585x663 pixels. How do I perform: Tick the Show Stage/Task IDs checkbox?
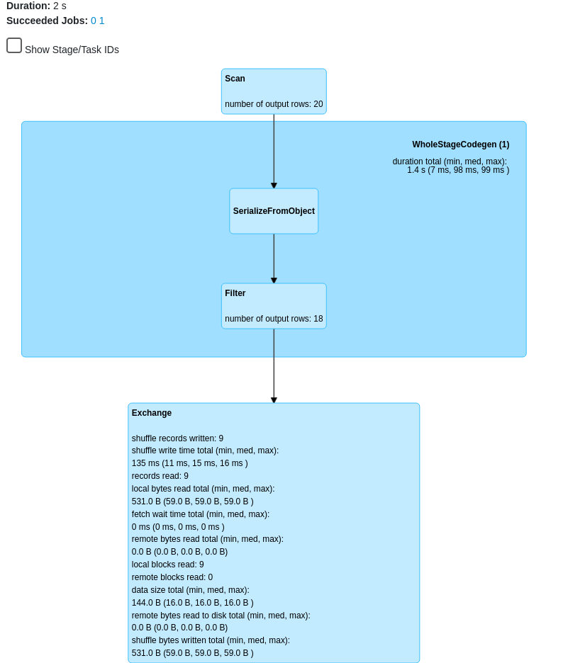pos(14,45)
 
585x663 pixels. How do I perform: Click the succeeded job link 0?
pos(94,21)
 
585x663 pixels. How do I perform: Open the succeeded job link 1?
pos(101,21)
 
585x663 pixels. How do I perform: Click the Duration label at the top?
pos(28,6)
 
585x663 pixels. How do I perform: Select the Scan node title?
pos(235,79)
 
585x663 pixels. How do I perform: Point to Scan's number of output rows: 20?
pos(274,104)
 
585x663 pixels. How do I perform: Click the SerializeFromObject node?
pos(274,211)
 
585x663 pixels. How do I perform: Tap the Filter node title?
pos(235,293)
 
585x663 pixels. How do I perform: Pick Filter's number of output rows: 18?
pos(274,319)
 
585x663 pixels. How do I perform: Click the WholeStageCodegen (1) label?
pos(460,144)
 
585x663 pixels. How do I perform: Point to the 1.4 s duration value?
pos(457,170)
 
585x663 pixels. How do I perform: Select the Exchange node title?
pos(152,413)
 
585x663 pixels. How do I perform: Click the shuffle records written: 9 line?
pos(177,438)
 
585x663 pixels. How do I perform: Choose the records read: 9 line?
pos(160,476)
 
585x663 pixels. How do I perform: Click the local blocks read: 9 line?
pos(167,565)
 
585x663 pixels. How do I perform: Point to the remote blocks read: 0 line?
pos(172,577)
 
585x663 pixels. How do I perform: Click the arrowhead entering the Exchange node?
pos(274,400)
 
